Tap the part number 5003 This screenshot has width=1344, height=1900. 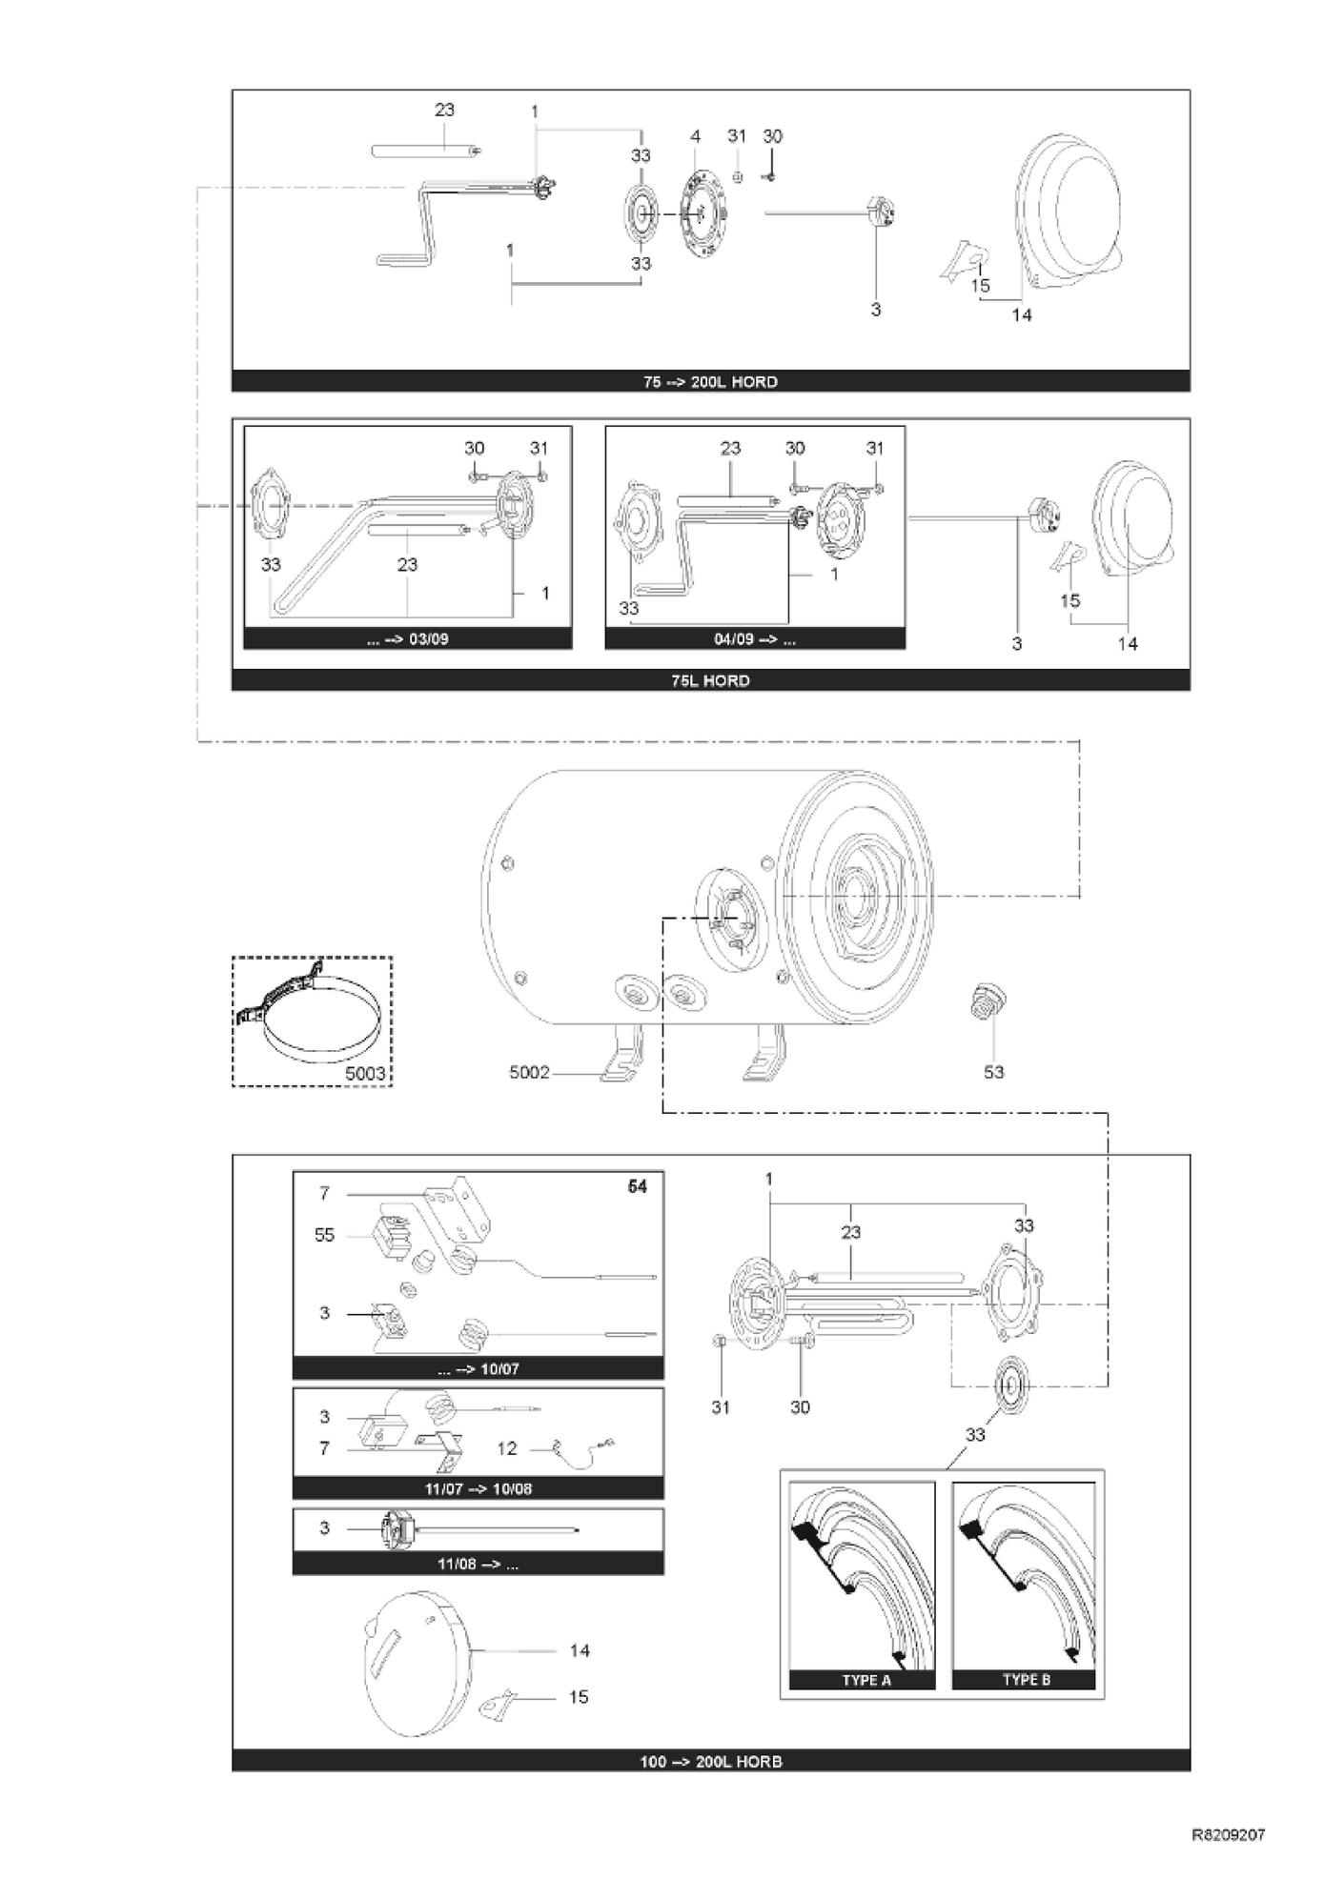tap(364, 1074)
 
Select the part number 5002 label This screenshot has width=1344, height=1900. tap(530, 1072)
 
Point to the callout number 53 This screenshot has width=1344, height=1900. tap(993, 1072)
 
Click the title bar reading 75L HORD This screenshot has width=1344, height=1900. tap(710, 680)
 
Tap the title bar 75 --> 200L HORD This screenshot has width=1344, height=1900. tap(710, 381)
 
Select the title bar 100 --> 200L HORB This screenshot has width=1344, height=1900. tap(710, 1762)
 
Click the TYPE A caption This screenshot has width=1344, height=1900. tap(865, 1680)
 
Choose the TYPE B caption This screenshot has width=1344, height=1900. tap(1026, 1680)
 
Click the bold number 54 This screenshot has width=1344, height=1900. tap(637, 1186)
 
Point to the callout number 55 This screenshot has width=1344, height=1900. tap(324, 1236)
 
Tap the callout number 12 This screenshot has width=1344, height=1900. tap(507, 1448)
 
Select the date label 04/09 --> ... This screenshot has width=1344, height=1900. tap(755, 638)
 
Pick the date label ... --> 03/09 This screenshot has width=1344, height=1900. tap(407, 638)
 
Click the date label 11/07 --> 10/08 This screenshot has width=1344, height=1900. tap(478, 1488)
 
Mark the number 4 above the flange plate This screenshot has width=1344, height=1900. tap(696, 136)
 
